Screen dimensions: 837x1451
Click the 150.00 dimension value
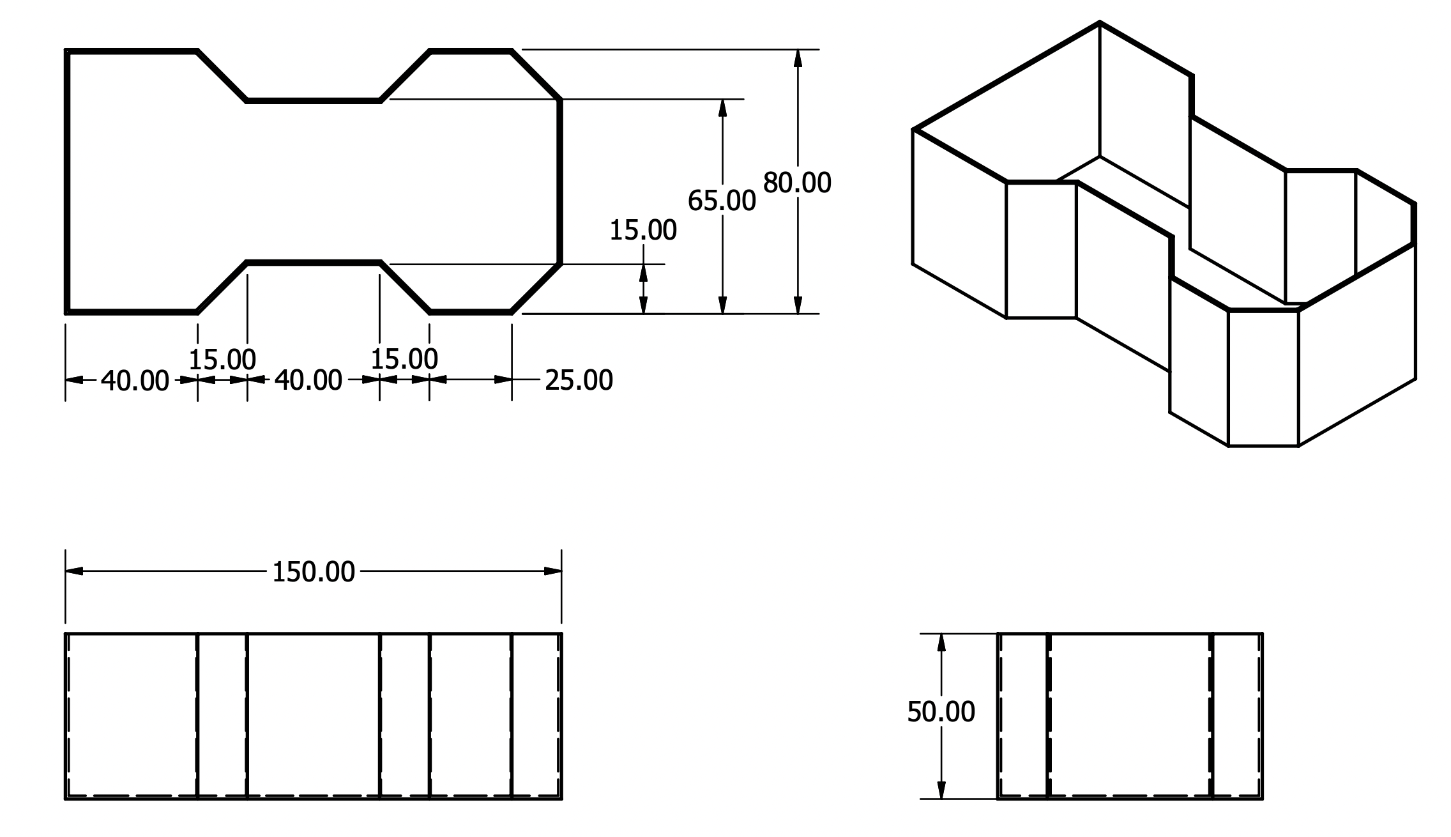(313, 572)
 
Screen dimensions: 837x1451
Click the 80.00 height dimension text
(797, 183)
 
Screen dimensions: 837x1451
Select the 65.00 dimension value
(722, 201)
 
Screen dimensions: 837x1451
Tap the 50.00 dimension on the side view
(941, 712)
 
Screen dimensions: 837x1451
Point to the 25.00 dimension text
(579, 380)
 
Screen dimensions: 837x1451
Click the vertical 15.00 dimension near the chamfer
(642, 231)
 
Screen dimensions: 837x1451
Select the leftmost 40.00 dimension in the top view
(135, 381)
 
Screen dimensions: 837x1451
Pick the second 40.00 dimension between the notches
(308, 381)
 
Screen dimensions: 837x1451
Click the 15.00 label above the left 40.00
(222, 360)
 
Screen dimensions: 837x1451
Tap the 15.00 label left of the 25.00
(404, 359)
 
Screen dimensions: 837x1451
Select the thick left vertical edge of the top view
(67, 181)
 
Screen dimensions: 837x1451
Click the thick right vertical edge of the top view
(560, 181)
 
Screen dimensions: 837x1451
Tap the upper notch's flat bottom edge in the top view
(313, 100)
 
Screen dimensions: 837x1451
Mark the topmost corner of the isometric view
(1099, 23)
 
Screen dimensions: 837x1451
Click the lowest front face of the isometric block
(1263, 378)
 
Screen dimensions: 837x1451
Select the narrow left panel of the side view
(1023, 716)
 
